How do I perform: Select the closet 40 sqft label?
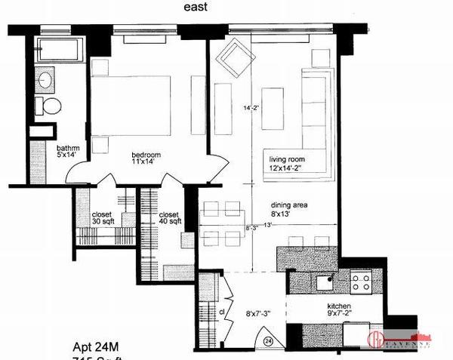169,218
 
